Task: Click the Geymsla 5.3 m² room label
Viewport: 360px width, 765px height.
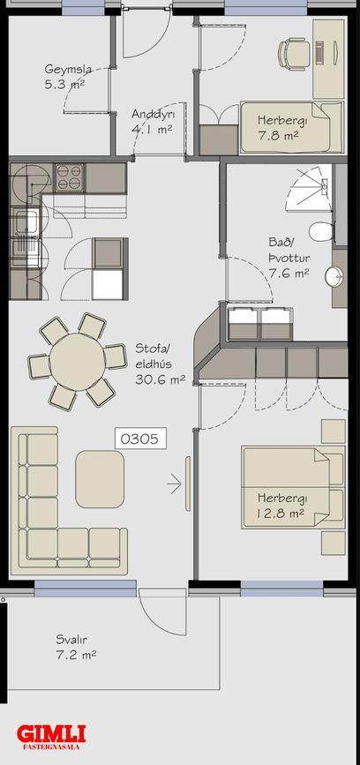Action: (65, 76)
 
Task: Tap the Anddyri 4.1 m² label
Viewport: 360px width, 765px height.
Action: (154, 122)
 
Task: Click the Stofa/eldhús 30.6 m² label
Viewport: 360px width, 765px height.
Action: (160, 364)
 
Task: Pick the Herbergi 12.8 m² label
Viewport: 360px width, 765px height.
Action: (281, 506)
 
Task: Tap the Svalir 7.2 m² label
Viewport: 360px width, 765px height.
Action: (76, 647)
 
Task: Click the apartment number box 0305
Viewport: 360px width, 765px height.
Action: (140, 439)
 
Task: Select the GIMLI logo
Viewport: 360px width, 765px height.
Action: (51, 737)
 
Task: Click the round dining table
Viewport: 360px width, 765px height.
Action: (77, 362)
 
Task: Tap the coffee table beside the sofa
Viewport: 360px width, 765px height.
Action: (100, 479)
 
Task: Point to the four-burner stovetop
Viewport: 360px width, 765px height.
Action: (69, 177)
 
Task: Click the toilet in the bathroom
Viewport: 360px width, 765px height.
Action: (322, 231)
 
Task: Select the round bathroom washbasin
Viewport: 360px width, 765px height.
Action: (335, 276)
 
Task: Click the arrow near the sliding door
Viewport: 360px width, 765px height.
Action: (174, 484)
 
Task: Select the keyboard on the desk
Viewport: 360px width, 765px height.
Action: (319, 52)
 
